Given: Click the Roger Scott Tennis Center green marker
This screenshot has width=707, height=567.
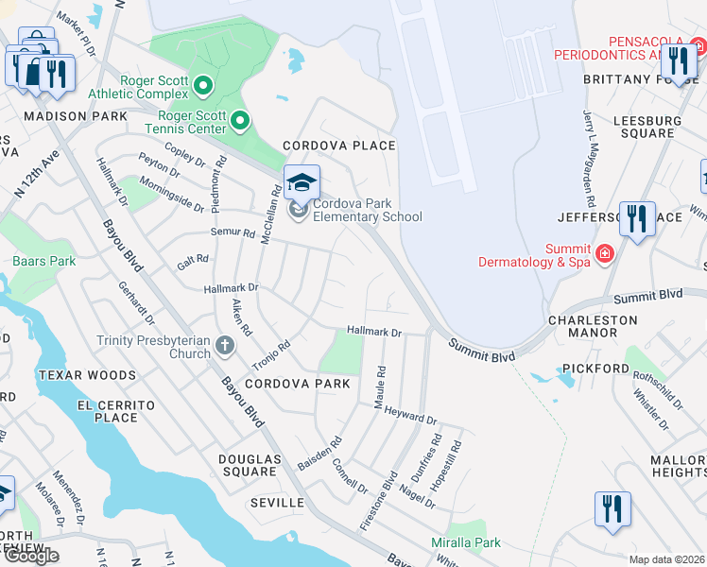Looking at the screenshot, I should point(240,120).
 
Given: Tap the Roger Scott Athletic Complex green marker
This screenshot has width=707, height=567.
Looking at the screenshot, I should point(202,87).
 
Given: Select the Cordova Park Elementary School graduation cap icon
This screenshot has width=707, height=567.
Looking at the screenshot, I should point(302,182).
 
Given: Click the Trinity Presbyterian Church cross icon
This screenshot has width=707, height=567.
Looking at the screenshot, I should point(225,344).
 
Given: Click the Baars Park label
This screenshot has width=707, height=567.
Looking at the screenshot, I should point(43,261).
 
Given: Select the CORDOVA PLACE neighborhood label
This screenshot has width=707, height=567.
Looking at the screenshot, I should point(340,146).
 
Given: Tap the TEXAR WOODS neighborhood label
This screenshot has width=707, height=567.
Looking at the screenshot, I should point(88,375).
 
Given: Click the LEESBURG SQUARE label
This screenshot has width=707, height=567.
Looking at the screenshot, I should point(647,127).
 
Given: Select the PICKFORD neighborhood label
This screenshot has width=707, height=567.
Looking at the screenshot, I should point(595,368).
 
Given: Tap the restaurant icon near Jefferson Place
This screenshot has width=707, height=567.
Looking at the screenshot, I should point(637,219).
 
